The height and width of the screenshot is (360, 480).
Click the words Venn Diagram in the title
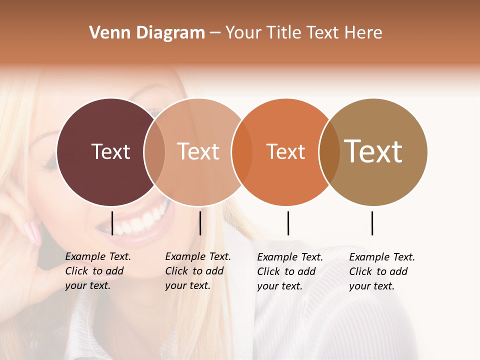pos(147,33)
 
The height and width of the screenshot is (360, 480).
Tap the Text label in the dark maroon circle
pos(110,151)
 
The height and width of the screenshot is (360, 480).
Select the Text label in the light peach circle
pos(198,151)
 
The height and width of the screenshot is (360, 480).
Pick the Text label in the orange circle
pos(285,151)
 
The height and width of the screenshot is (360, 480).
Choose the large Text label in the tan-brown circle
pos(373,151)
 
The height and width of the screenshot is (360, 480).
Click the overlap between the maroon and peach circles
pos(154,151)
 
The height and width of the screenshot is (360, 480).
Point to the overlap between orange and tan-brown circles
pos(329,151)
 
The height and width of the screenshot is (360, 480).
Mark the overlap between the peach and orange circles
pos(242,151)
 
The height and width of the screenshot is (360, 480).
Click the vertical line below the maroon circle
pos(112,223)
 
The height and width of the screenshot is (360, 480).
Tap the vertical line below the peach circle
pos(200,223)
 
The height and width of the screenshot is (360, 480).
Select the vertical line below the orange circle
pos(288,223)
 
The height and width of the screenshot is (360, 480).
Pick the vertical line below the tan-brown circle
pos(372,223)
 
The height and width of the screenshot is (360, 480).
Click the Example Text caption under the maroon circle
pos(97,271)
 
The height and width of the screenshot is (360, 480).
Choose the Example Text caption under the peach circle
pos(197,271)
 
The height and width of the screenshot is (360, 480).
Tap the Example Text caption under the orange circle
pos(289,271)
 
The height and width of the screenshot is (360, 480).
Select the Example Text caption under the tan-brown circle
pos(381,271)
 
